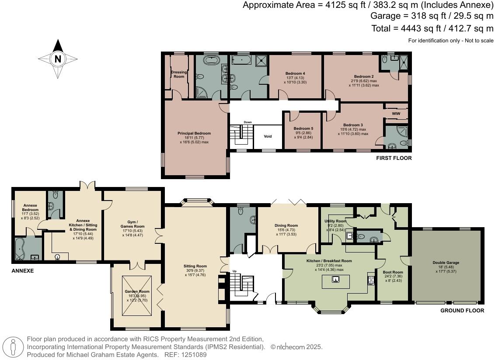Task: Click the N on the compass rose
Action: (x=58, y=59)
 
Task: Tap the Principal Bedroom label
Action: (x=194, y=133)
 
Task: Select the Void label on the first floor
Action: (x=268, y=136)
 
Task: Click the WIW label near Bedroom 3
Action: (x=396, y=114)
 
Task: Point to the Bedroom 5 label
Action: (x=303, y=128)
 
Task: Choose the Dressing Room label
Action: (x=179, y=74)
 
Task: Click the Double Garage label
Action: (x=446, y=263)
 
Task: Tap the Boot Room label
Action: (x=393, y=272)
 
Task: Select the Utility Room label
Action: (x=335, y=221)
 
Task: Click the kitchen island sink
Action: (x=335, y=279)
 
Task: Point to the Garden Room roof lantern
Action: (x=137, y=296)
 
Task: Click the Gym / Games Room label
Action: (x=132, y=224)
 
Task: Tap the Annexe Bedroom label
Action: (x=30, y=208)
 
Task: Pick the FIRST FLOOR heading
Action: (x=394, y=158)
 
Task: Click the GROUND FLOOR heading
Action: (x=462, y=311)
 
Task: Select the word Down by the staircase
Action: (x=248, y=122)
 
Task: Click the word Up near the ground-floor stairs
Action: (x=234, y=271)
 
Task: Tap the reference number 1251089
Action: (x=194, y=355)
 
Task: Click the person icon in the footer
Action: (x=13, y=347)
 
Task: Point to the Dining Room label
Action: (x=286, y=225)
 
